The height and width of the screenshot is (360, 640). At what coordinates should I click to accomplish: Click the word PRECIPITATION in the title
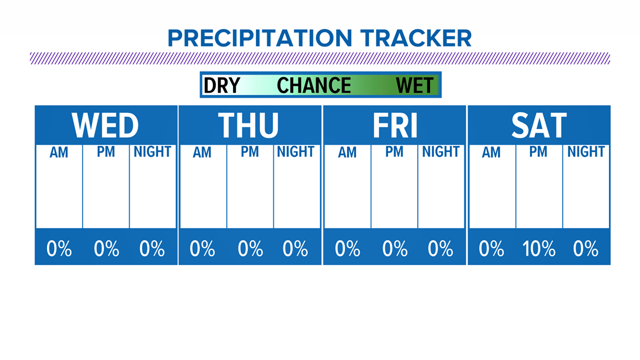pyautogui.click(x=259, y=38)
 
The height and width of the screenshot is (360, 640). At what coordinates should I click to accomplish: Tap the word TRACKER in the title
pyautogui.click(x=416, y=38)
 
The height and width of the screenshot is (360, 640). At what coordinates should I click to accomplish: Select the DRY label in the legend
pyautogui.click(x=222, y=86)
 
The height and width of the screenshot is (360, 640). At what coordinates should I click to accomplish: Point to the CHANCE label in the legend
pyautogui.click(x=314, y=86)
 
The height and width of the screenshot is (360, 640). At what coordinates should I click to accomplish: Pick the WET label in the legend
pyautogui.click(x=415, y=86)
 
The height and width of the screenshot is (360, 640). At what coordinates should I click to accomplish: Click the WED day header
pyautogui.click(x=106, y=125)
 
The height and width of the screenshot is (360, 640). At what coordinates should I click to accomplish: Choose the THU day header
pyautogui.click(x=248, y=125)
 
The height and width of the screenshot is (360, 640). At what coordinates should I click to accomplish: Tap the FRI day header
pyautogui.click(x=395, y=125)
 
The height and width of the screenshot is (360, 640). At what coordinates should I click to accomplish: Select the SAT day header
pyautogui.click(x=539, y=125)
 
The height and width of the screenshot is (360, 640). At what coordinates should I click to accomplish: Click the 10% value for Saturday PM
pyautogui.click(x=539, y=249)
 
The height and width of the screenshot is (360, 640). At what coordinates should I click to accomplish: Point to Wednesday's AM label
pyautogui.click(x=59, y=153)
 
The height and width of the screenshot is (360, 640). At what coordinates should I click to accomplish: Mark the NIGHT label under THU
pyautogui.click(x=295, y=152)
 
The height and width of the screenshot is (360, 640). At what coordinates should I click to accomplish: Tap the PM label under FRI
pyautogui.click(x=394, y=152)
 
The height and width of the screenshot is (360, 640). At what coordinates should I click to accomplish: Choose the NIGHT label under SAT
pyautogui.click(x=586, y=152)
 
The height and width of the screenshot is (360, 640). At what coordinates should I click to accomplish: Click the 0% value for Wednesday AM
pyautogui.click(x=59, y=249)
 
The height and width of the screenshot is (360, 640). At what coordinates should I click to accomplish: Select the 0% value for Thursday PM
pyautogui.click(x=250, y=249)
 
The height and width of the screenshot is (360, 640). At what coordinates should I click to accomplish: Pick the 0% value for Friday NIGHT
pyautogui.click(x=440, y=249)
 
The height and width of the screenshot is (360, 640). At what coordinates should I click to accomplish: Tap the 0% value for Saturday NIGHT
pyautogui.click(x=586, y=249)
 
